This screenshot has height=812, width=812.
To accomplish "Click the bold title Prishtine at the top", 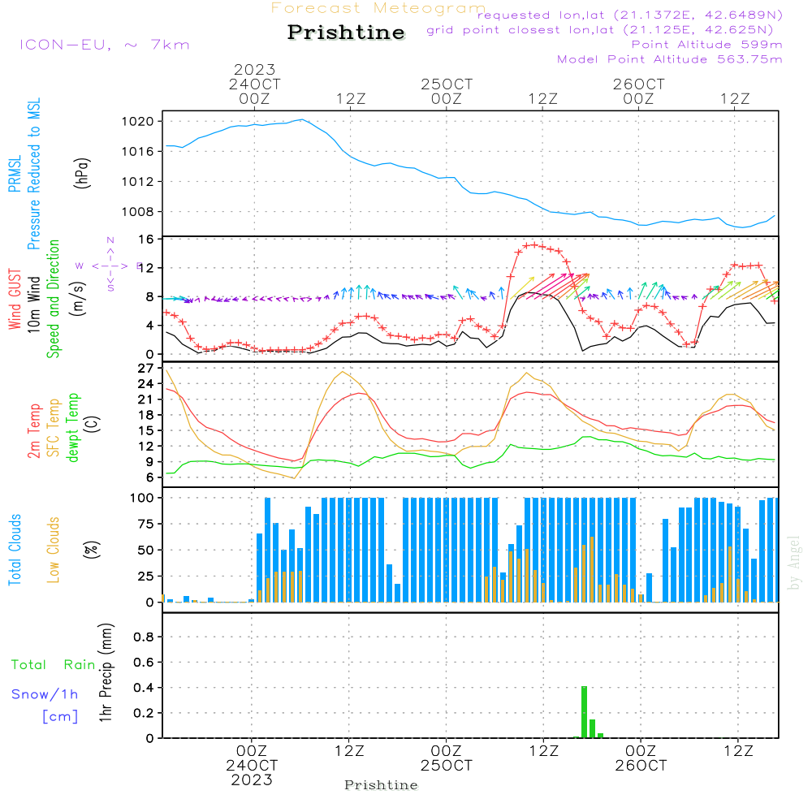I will [x=346, y=32].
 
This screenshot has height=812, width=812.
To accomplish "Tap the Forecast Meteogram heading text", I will [x=378, y=8].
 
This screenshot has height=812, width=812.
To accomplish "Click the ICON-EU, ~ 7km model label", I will [x=104, y=45].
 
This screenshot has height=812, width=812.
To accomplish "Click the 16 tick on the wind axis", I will [x=147, y=240].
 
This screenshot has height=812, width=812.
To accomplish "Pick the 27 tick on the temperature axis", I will [x=145, y=368].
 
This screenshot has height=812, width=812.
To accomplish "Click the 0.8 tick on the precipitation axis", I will [x=144, y=637].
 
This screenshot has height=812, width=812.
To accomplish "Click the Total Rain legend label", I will [x=53, y=664].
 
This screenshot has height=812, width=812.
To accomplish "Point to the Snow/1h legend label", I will [x=45, y=694].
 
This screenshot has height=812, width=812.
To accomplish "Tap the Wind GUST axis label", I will [x=15, y=300].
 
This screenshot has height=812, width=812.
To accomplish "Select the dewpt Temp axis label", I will [x=74, y=427].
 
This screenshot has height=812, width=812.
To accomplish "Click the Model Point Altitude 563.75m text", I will [x=669, y=59].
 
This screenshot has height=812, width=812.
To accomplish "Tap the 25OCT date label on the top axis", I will [x=446, y=84].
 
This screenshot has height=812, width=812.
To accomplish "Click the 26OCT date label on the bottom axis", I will [x=641, y=766].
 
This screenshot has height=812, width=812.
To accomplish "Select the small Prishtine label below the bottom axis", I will [x=381, y=785].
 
